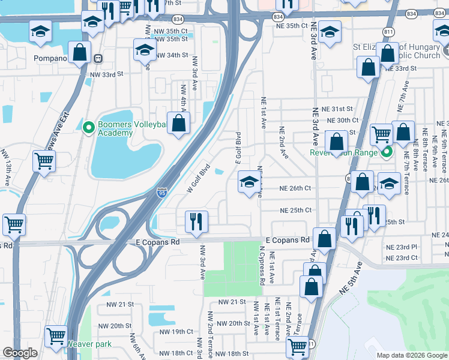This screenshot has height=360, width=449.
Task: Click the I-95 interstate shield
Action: click(162, 193)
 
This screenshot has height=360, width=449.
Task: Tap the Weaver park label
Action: click(89, 344)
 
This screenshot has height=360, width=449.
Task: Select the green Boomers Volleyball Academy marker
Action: click(89, 127)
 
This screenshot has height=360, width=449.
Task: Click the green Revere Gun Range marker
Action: click(387, 152)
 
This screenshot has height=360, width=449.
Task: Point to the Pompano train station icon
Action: click(98, 59)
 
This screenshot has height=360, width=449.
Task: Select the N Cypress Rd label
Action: click(262, 264)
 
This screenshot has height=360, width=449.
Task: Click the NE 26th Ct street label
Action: click(295, 188)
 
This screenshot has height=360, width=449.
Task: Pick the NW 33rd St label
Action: click(106, 74)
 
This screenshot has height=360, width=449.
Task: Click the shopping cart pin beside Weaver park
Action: click(56, 336)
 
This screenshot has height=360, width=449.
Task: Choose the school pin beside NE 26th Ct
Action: click(249, 182)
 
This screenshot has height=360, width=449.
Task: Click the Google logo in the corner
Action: click(20, 353)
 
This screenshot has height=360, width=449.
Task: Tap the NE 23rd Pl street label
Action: click(402, 247)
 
